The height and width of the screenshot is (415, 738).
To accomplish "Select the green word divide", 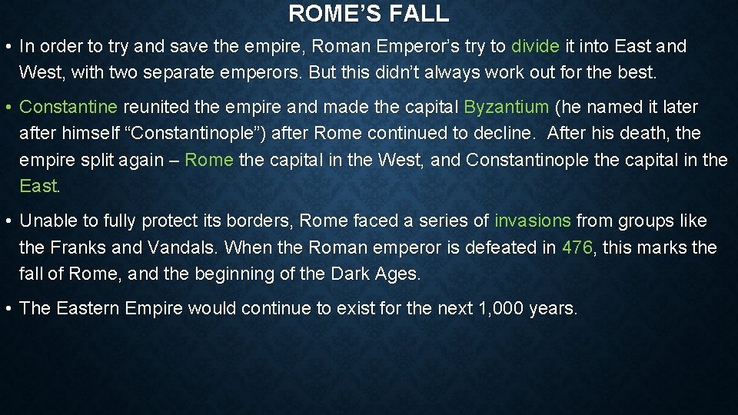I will coord(535,46).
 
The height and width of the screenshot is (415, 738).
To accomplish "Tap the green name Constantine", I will coord(68,107).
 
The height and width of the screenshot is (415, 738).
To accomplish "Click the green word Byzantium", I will coord(507,107).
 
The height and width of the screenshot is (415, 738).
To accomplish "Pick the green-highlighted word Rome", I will coord(210,160).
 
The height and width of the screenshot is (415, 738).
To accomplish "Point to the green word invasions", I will coord(533,221).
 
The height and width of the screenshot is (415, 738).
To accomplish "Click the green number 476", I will coord(577,247).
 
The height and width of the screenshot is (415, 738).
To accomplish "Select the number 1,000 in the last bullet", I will coord(494,308).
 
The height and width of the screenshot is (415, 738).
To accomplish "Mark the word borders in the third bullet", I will coord(258,221).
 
